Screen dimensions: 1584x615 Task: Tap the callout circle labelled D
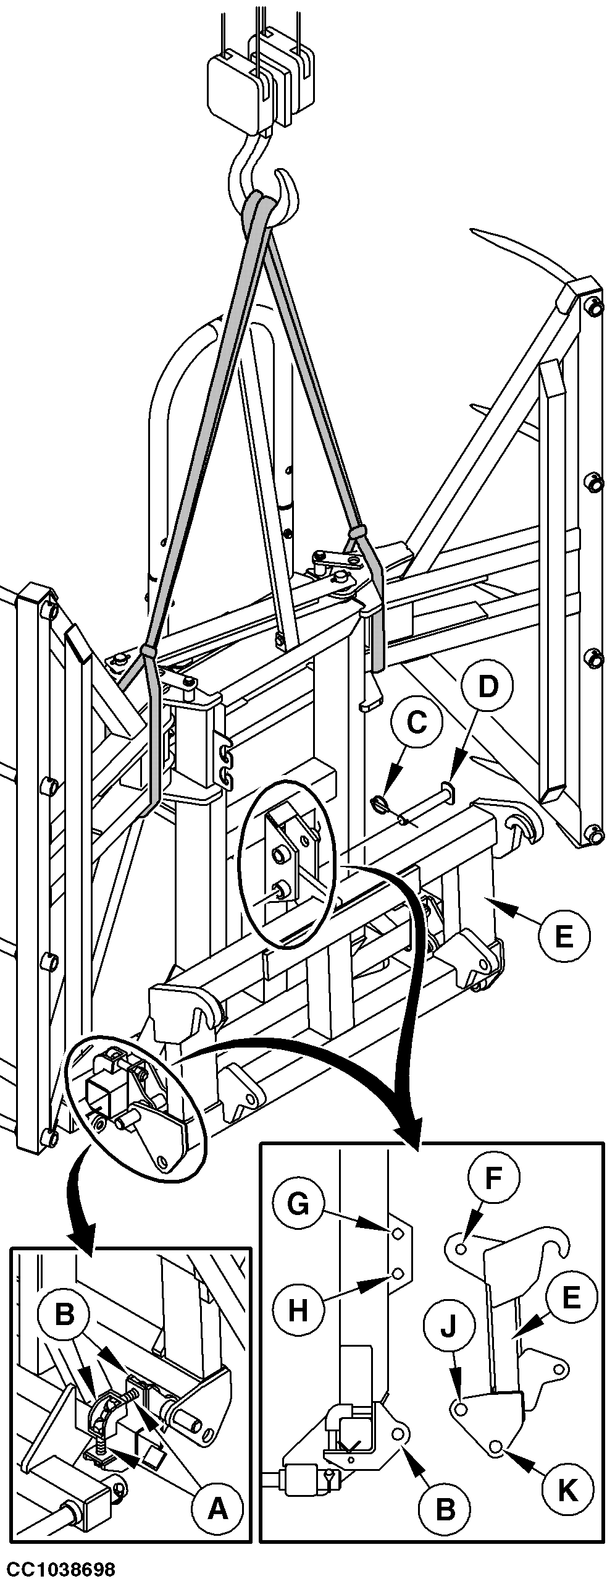488,687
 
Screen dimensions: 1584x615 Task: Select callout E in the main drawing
563,936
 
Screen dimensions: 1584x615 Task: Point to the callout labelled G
298,1219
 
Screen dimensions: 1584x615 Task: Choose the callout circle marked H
298,1309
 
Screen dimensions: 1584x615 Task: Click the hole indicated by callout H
398,1273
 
